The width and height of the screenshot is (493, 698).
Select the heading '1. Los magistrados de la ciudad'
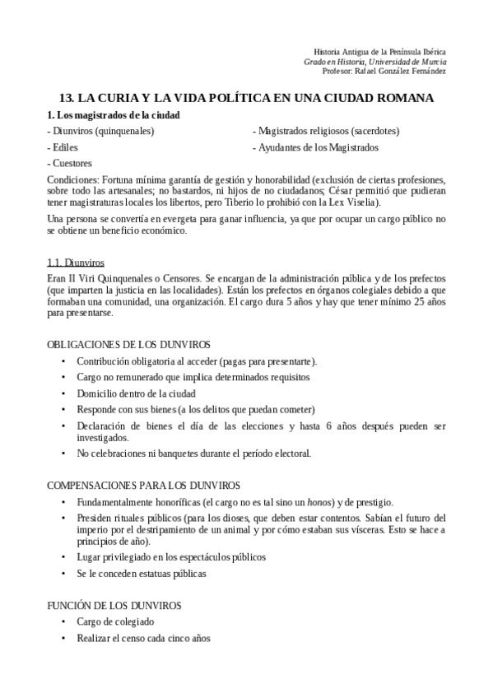[114, 115]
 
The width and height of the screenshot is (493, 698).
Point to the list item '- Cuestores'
[70, 163]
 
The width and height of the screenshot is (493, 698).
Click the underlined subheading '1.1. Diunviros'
[77, 263]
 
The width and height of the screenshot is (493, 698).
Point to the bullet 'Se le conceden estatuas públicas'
[142, 573]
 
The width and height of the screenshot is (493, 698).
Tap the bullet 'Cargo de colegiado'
[115, 621]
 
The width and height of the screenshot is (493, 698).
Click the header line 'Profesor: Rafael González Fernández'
[384, 71]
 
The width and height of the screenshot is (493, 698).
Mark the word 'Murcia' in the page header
[432, 61]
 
